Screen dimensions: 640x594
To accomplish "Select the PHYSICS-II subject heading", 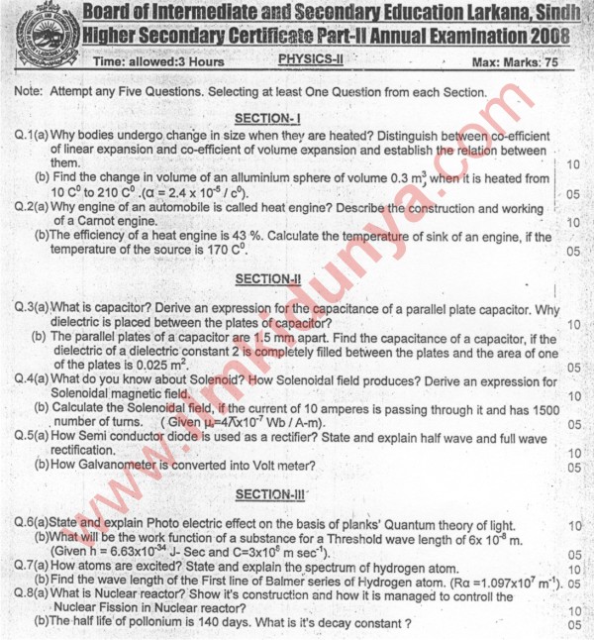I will coord(310,58).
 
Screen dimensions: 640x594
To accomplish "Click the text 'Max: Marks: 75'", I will coord(521,61).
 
